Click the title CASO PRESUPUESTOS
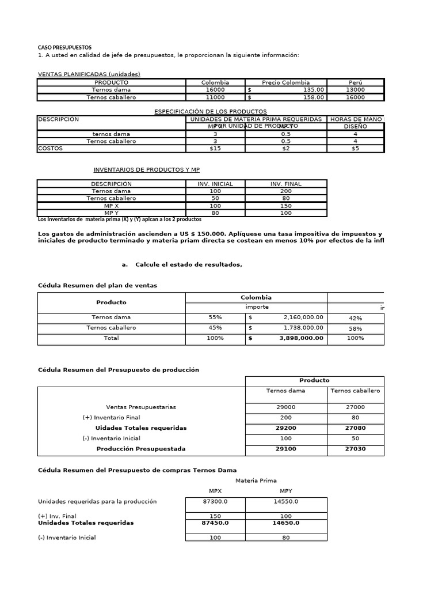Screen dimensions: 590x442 (64, 47)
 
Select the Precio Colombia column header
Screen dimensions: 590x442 (285, 82)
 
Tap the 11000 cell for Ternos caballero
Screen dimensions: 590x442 (215, 97)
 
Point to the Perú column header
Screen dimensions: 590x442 (355, 82)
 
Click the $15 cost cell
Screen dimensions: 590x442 (215, 149)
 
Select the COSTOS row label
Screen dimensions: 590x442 (50, 149)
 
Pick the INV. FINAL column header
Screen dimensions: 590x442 (285, 184)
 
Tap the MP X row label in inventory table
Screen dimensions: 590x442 (111, 206)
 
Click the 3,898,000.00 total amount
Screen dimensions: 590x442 (302, 338)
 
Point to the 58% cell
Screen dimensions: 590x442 (355, 328)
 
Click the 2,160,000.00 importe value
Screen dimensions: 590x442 (303, 317)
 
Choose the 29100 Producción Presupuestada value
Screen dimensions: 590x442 (286, 449)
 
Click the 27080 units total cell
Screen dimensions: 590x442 (355, 428)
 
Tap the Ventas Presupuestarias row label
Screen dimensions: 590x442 (141, 407)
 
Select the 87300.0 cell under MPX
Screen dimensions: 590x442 (215, 502)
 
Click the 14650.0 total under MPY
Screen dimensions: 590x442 (285, 523)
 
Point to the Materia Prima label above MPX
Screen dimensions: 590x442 (256, 481)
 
